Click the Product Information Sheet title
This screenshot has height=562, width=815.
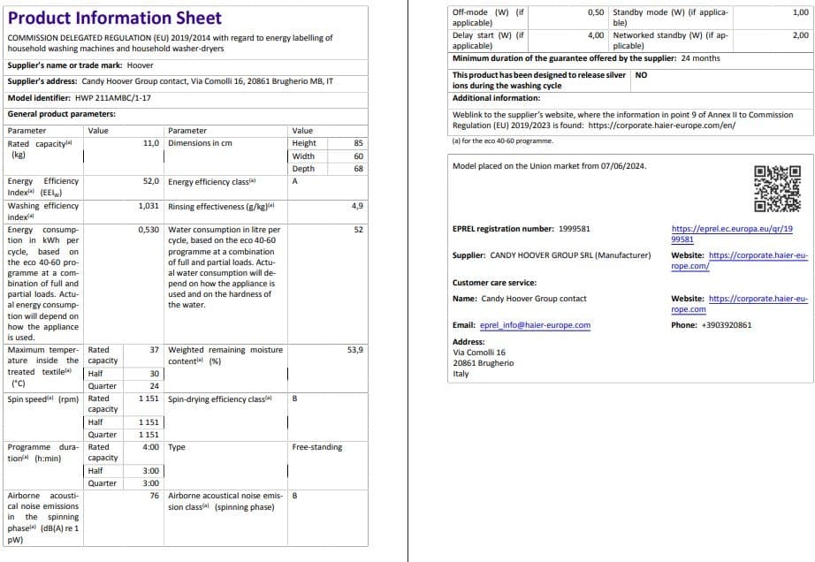point(114,18)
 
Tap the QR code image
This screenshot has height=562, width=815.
point(778,190)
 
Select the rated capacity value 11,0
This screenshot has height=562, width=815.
point(150,143)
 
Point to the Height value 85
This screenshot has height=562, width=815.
point(358,143)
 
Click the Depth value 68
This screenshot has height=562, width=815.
point(358,169)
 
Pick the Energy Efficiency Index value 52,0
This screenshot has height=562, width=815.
point(150,181)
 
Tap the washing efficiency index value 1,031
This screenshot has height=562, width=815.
point(149,206)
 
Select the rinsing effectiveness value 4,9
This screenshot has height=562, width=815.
point(357,206)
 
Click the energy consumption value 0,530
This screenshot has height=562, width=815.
point(149,230)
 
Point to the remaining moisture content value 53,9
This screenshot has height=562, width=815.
point(355,350)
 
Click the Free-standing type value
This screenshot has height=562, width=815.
point(316,447)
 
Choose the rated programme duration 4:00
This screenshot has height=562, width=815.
point(151,447)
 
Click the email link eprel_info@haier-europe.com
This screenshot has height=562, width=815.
point(535,325)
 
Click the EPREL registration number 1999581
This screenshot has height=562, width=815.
point(575,229)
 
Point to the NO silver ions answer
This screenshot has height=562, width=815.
point(641,75)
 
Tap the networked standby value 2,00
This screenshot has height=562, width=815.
point(800,35)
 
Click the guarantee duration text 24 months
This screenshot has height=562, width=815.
point(700,58)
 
